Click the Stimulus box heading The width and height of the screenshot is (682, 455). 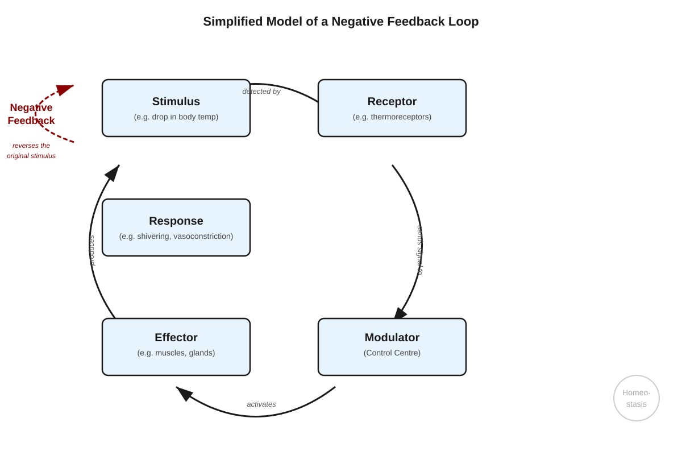tap(176, 101)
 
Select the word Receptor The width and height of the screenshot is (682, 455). tap(392, 101)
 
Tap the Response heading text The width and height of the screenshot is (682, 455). tap(176, 221)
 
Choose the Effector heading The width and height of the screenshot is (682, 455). tap(176, 337)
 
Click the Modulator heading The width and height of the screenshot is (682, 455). tap(392, 337)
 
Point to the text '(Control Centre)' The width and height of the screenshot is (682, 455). tap(392, 353)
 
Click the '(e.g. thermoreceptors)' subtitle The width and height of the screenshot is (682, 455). tap(392, 117)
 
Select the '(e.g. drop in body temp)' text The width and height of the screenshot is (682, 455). tap(176, 117)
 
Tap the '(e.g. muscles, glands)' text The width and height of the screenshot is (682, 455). tap(176, 353)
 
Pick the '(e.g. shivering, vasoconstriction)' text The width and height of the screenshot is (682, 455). tap(176, 236)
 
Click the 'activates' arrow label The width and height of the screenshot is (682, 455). tap(261, 404)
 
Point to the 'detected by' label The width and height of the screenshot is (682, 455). tap(261, 92)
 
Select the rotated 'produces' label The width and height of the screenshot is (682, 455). tap(92, 250)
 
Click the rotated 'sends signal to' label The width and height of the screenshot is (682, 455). tap(419, 250)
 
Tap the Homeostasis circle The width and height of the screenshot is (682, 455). tap(637, 398)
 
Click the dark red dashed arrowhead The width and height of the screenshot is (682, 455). tap(65, 89)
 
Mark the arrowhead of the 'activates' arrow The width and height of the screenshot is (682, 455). tap(184, 393)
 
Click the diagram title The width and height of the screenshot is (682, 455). tap(340, 22)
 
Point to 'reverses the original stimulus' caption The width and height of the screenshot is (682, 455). tap(31, 151)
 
